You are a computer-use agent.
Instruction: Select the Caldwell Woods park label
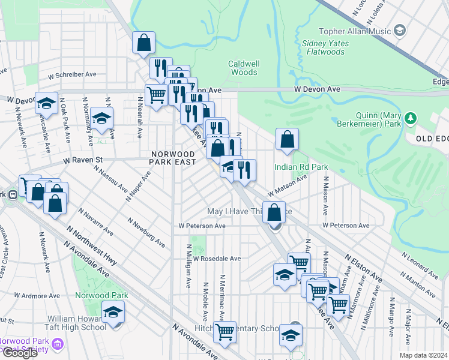coord(243,68)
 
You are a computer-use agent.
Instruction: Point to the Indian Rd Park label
coord(294,166)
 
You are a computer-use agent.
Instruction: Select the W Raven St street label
coord(83,160)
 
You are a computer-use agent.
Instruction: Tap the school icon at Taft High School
coord(113,313)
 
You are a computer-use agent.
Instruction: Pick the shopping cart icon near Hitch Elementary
coord(225,331)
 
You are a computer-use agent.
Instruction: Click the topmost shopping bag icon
coord(144,43)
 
